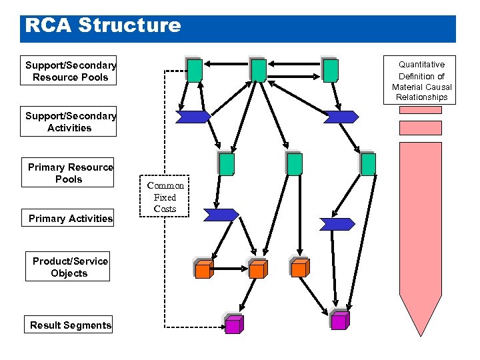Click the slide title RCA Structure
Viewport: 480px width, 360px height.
[x=103, y=25]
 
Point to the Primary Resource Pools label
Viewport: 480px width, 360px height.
[x=70, y=173]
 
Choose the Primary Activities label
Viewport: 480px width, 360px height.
[x=71, y=218]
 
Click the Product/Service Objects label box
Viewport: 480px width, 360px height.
[x=69, y=267]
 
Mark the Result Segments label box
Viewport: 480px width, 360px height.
[x=71, y=325]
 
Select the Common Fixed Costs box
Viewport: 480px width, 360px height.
[x=165, y=197]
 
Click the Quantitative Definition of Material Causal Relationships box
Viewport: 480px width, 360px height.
[x=421, y=81]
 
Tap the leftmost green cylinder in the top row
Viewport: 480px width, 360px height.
[x=195, y=70]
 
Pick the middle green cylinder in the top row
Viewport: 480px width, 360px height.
[x=259, y=70]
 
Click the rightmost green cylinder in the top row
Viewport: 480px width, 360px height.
[x=331, y=70]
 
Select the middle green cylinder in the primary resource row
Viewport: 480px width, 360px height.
[x=295, y=164]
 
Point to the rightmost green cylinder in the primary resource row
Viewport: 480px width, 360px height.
[x=368, y=164]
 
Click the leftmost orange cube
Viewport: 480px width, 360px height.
[x=203, y=269]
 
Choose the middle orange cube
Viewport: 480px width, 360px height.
[x=257, y=269]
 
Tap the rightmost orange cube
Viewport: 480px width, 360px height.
[x=300, y=268]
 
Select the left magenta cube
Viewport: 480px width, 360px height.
[x=233, y=325]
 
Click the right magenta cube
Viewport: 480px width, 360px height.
[x=339, y=321]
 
